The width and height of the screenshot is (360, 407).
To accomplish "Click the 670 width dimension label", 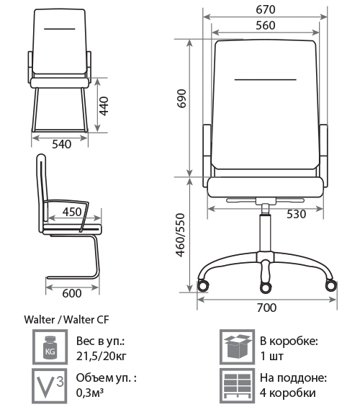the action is tap(266, 9).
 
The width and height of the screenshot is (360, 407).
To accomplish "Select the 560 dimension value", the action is tap(266, 25).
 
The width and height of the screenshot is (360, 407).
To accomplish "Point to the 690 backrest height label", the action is tap(181, 99).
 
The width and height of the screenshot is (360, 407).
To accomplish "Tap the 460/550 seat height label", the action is tap(181, 235).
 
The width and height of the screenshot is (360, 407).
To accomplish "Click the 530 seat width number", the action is tap(296, 214).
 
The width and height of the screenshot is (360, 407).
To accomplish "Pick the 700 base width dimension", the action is tap(266, 308).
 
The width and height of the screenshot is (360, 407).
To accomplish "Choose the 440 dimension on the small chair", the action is tap(104, 106).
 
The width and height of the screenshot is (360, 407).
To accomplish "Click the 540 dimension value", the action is tap(61, 144).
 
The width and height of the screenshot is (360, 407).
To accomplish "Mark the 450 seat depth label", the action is tap(72, 212).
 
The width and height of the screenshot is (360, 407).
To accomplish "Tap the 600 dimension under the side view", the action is tap(72, 293).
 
